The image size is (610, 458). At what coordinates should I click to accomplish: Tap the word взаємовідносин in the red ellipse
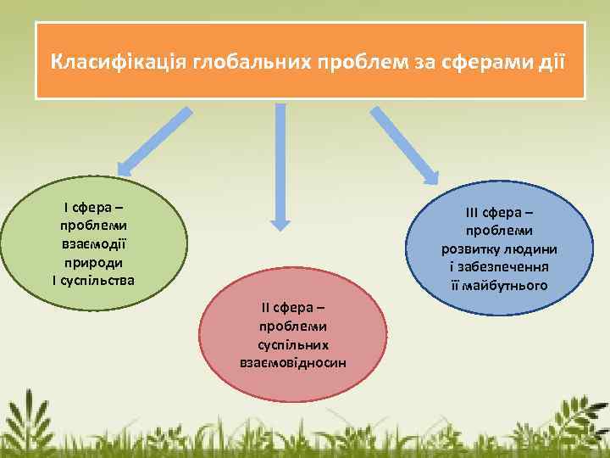click(x=293, y=362)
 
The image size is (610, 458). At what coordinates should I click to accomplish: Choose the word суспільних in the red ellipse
click(x=293, y=344)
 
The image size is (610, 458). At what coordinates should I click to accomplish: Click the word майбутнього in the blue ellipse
click(x=504, y=285)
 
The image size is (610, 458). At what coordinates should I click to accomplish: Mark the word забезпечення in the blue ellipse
click(x=504, y=267)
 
